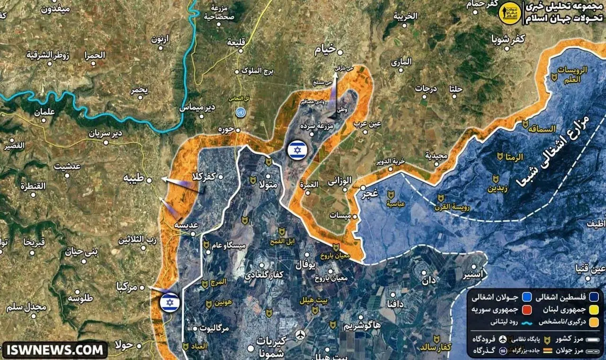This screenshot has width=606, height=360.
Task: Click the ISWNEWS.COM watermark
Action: point(55,350)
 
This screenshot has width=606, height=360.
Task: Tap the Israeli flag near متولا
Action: point(297,150)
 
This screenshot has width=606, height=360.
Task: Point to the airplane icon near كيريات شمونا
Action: point(300,335)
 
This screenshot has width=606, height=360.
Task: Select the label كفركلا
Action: point(203,176)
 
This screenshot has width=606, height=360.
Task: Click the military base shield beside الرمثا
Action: point(500,156)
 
